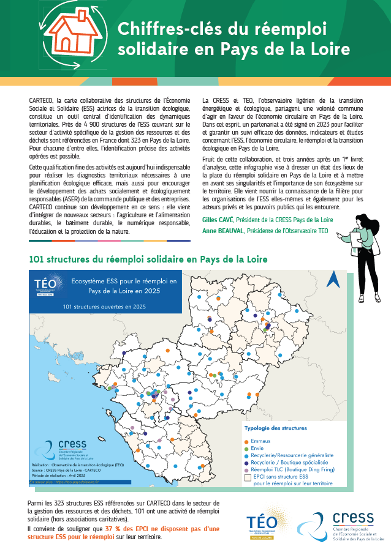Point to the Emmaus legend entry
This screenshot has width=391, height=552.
pyautogui.click(x=260, y=441)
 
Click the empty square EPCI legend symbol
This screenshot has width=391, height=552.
pyautogui.click(x=248, y=477)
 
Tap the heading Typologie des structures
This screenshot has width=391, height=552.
pyautogui.click(x=276, y=428)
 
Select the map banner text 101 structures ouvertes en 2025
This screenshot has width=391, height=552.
pyautogui.click(x=104, y=306)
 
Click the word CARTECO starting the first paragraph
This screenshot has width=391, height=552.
pyautogui.click(x=40, y=99)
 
